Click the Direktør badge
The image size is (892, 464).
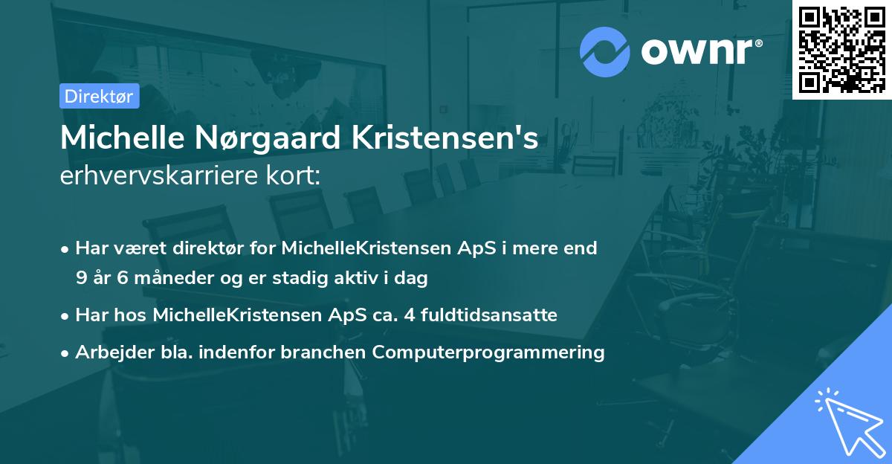coord(99,96)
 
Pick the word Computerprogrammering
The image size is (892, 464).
coord(488,352)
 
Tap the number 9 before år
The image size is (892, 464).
coord(80,278)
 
